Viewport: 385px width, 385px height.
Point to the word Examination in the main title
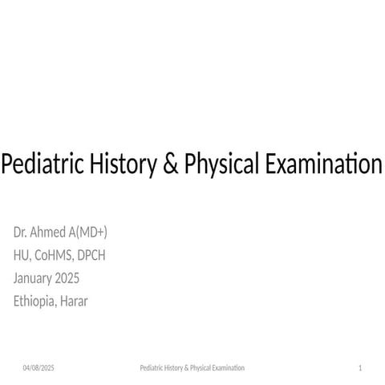pyautogui.click(x=322, y=165)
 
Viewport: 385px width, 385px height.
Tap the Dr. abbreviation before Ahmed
pyautogui.click(x=22, y=233)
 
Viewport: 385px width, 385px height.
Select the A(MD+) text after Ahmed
pyautogui.click(x=90, y=233)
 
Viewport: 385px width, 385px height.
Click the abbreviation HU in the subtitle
pyautogui.click(x=22, y=256)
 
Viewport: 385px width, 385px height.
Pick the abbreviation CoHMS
pyautogui.click(x=55, y=256)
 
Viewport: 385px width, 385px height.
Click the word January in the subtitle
pyautogui.click(x=35, y=279)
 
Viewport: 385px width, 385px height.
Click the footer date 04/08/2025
pyautogui.click(x=38, y=367)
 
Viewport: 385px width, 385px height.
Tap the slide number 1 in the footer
pyautogui.click(x=361, y=367)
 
